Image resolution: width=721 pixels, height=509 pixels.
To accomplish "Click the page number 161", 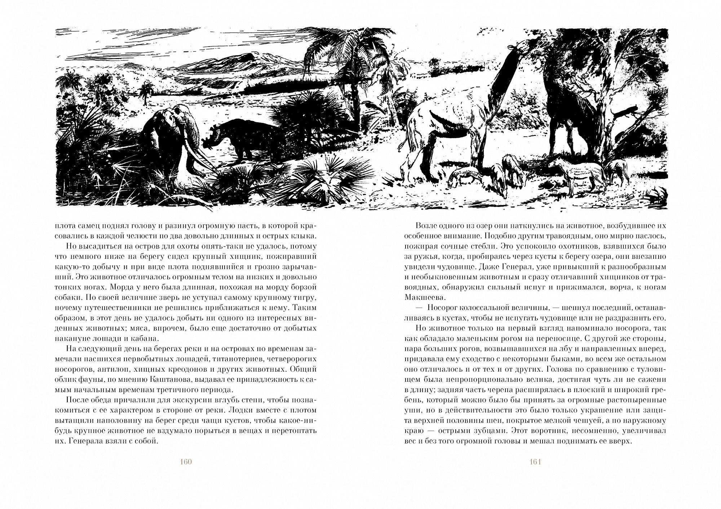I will [535, 462].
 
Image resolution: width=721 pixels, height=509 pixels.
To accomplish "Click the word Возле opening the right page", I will [426, 225].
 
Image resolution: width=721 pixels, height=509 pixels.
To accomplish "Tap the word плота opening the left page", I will [65, 225].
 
